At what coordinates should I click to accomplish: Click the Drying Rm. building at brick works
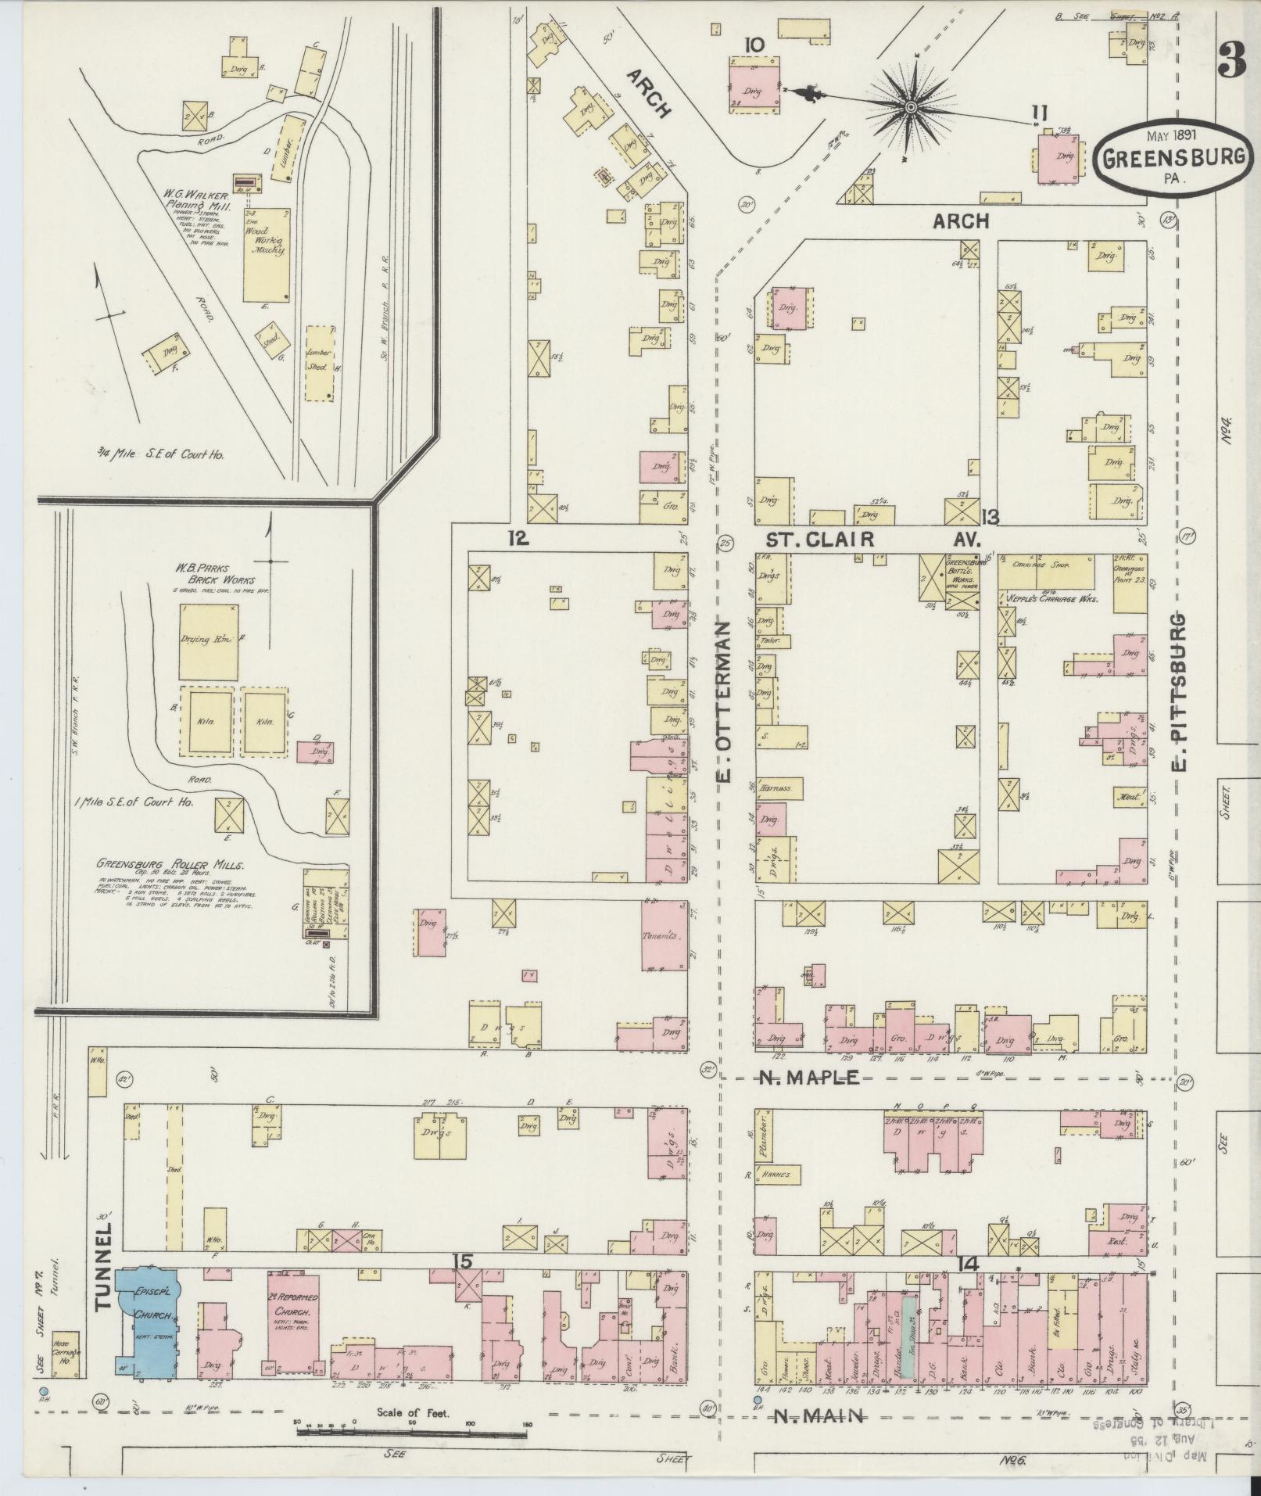pos(209,642)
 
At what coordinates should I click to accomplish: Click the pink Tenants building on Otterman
pos(663,935)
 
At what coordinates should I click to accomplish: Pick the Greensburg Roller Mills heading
pos(170,864)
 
